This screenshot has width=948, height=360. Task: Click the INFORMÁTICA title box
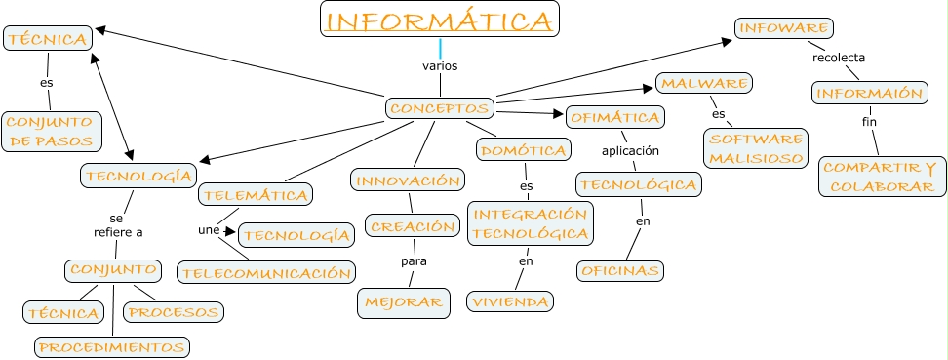[440, 20]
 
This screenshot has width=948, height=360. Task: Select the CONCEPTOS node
[440, 107]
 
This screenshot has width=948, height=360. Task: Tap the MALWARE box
[704, 83]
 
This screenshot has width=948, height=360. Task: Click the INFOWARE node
[770, 27]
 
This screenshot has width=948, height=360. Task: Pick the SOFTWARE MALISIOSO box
[757, 147]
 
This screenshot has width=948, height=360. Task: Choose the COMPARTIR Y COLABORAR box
[880, 177]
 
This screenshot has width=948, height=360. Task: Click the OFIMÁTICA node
[615, 117]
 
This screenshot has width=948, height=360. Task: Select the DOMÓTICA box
[523, 150]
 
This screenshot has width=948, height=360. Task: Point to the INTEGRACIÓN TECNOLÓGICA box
[531, 223]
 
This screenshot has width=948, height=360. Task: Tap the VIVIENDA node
[510, 301]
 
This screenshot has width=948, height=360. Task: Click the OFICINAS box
[619, 270]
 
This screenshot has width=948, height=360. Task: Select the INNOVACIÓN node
[407, 180]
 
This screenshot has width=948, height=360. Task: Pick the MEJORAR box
[404, 301]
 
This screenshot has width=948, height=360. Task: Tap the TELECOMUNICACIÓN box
[266, 273]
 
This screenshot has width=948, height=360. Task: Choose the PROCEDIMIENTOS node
[111, 346]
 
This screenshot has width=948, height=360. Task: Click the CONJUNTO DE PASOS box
[52, 132]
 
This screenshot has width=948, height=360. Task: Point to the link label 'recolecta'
[839, 58]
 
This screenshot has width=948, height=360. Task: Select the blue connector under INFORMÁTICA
[441, 48]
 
